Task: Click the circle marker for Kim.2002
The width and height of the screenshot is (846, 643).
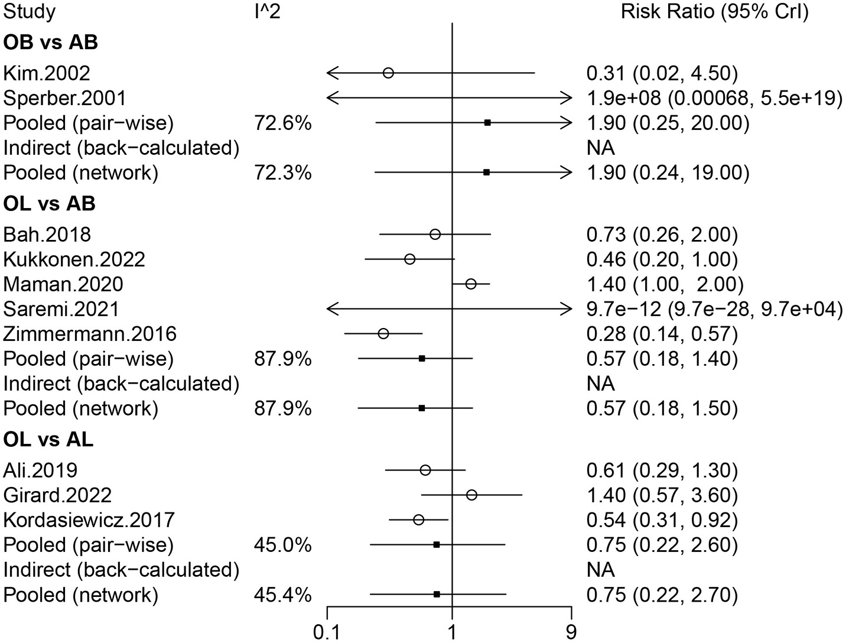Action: tap(388, 73)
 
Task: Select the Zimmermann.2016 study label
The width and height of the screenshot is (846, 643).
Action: tap(90, 335)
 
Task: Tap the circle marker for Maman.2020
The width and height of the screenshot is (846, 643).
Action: tap(471, 284)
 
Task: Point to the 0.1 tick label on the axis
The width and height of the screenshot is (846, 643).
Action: tap(327, 633)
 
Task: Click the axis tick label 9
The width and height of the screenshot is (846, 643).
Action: tap(571, 633)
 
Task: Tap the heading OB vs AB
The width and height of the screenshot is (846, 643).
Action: tap(50, 43)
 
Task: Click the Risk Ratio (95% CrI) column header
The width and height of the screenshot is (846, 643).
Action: tap(714, 12)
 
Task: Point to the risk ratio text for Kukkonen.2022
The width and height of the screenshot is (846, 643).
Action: tap(662, 259)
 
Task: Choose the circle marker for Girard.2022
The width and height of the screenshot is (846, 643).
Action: tap(471, 495)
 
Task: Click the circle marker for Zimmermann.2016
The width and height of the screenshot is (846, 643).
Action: tap(383, 334)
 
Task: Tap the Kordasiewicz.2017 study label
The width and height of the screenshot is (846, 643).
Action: tap(89, 520)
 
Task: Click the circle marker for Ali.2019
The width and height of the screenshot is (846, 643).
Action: tap(425, 470)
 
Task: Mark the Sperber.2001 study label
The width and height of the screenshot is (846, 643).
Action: tap(64, 98)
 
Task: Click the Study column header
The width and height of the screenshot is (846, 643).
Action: tap(30, 12)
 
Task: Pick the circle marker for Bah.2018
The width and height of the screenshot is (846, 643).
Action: tap(435, 235)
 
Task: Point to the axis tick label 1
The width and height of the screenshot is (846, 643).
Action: tap(452, 633)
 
